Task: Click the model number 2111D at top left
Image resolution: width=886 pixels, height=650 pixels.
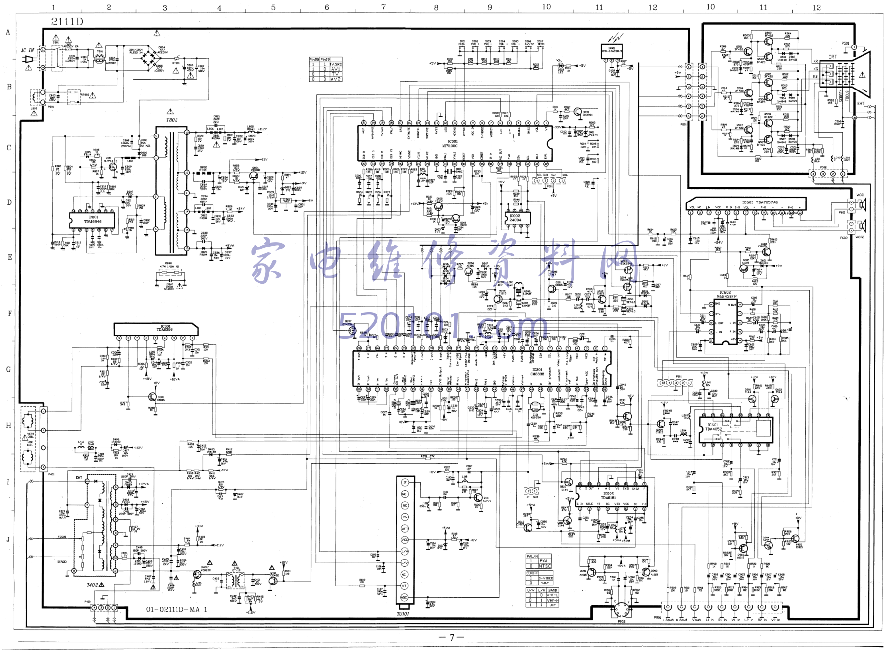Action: coord(67,22)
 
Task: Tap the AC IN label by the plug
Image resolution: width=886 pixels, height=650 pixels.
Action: coord(27,50)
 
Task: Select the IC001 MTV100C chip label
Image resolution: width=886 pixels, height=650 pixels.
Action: coord(450,143)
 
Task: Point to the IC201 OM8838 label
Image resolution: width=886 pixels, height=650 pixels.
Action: coord(537,372)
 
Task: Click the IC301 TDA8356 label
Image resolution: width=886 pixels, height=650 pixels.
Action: coord(164,328)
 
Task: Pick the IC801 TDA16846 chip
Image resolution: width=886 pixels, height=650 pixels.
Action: coord(93,219)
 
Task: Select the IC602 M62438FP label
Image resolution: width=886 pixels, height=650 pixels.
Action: coord(726,294)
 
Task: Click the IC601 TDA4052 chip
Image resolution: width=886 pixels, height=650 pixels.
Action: coord(714,427)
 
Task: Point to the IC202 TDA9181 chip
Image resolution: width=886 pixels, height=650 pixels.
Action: coord(609,495)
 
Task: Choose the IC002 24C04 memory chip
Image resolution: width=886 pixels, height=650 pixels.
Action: coord(515,218)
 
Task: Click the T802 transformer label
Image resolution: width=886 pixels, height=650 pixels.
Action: coord(172,120)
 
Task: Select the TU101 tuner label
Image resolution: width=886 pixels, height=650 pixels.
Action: coord(403,614)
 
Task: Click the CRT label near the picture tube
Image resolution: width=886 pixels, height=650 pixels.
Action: coord(832,57)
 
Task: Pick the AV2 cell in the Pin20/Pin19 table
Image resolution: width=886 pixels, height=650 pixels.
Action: coord(335,79)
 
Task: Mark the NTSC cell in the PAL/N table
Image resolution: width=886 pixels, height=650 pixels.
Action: coord(544,566)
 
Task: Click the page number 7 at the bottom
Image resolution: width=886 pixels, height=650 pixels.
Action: coord(452,637)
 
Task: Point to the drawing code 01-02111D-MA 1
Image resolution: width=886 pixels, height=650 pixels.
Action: coord(177,609)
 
